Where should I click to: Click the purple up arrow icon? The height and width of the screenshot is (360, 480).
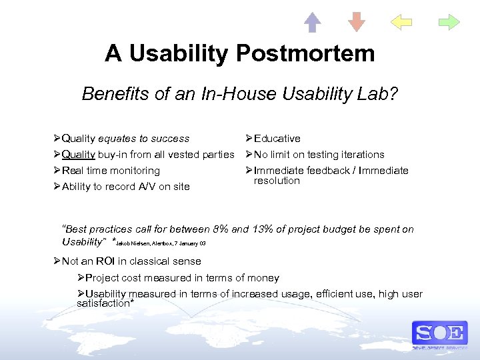(313, 22)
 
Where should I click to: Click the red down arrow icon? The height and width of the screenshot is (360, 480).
(357, 22)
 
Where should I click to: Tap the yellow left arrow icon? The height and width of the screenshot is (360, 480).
(401, 22)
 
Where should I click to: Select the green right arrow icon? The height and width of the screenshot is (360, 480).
(449, 22)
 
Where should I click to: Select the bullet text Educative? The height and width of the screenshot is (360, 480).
(277, 139)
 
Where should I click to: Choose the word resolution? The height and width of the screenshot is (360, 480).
(277, 181)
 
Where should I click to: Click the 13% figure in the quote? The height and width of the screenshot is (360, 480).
(261, 229)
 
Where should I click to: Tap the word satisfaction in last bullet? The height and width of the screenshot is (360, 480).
(103, 303)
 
